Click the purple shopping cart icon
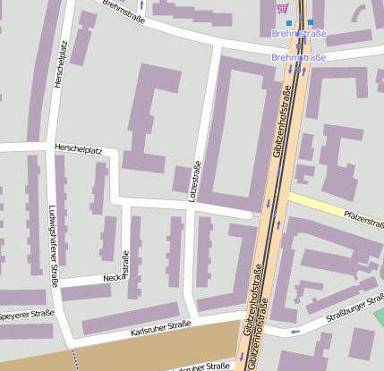(x=283, y=8)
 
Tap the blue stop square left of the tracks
(x=289, y=22)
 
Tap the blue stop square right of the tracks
(x=311, y=22)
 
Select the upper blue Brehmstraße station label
(x=298, y=34)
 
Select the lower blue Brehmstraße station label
(x=298, y=57)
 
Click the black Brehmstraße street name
(x=124, y=12)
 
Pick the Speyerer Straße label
(x=27, y=315)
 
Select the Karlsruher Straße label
(x=161, y=329)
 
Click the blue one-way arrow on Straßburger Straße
(x=295, y=332)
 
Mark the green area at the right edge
(x=379, y=317)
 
